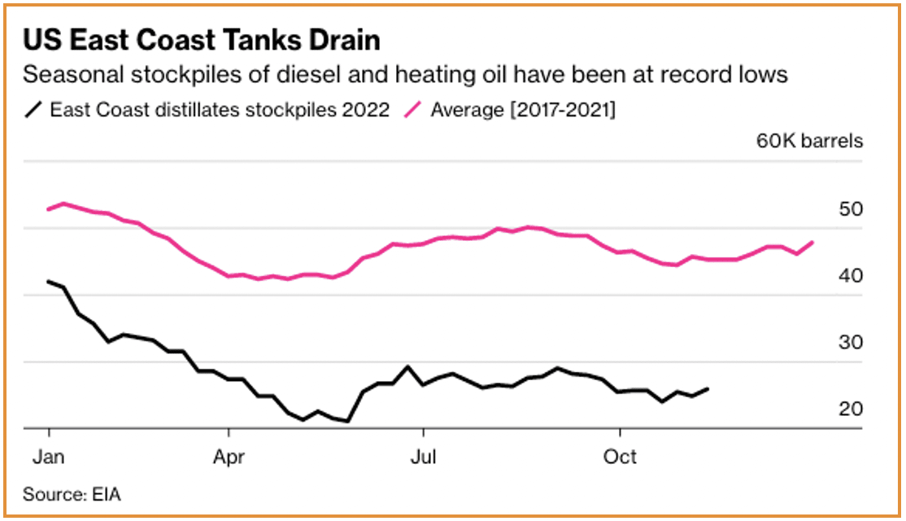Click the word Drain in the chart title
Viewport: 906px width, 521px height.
[340, 40]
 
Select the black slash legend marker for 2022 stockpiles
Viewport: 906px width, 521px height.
[34, 109]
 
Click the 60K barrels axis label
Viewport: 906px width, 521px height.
[809, 141]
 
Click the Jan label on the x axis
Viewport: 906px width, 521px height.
[49, 457]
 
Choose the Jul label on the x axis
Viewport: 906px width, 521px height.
[423, 457]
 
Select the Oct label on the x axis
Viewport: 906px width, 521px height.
[620, 457]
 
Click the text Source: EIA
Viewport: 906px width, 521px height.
[72, 494]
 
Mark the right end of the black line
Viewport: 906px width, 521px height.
[708, 389]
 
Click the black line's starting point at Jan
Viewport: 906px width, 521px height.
[49, 282]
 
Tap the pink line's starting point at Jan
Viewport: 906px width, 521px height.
[49, 209]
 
